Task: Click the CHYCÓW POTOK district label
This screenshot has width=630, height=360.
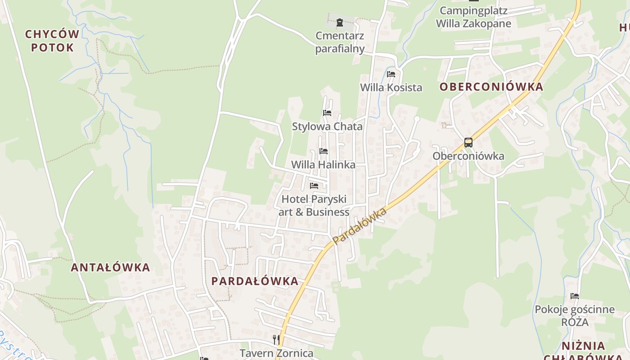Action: (x=52, y=40)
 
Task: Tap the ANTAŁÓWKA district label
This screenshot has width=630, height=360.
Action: (x=110, y=267)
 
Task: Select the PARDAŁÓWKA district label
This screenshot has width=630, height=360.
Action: (x=255, y=281)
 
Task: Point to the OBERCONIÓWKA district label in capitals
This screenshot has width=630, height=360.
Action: (x=491, y=87)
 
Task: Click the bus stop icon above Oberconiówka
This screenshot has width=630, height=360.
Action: (x=468, y=143)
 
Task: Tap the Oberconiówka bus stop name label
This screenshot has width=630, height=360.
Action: (x=468, y=156)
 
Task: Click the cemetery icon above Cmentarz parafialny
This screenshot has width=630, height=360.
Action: (x=340, y=22)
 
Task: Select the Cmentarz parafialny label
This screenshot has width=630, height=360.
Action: (x=340, y=42)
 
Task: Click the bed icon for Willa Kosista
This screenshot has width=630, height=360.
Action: (x=391, y=74)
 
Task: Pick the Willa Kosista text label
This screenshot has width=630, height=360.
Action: (x=391, y=87)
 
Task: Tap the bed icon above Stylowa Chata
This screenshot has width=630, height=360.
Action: (x=327, y=112)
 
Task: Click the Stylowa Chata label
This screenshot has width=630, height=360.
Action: (x=327, y=126)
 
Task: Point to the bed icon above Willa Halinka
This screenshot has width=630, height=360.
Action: (x=323, y=151)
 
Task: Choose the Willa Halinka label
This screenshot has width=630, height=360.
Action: (x=323, y=165)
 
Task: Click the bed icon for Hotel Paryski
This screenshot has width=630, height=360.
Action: (x=314, y=185)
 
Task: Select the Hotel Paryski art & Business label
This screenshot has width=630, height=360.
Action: (x=314, y=205)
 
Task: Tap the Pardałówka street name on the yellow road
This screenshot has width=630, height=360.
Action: (x=360, y=226)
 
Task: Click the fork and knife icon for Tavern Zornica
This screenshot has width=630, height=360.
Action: (x=276, y=339)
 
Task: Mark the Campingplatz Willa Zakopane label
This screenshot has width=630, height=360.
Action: (x=473, y=17)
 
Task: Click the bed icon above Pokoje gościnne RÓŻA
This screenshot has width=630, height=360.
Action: (x=575, y=296)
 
